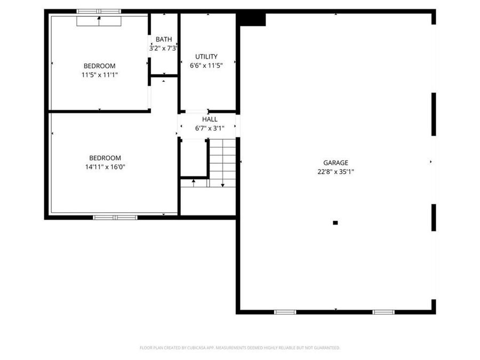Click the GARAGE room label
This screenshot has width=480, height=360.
point(335,163)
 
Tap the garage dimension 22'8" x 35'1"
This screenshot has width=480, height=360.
point(335,172)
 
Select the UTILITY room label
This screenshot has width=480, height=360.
point(206,57)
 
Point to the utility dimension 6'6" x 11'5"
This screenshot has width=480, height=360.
point(206,66)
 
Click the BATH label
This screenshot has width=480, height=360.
point(164,39)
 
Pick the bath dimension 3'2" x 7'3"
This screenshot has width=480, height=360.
point(163,49)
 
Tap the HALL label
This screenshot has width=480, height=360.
point(210,119)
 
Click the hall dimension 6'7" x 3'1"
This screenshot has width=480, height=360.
point(210,128)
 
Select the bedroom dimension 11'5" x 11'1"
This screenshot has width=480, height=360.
point(99,75)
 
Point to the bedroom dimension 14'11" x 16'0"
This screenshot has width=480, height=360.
point(105,167)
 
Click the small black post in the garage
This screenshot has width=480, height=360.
point(335,223)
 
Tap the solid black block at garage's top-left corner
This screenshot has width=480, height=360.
point(251,19)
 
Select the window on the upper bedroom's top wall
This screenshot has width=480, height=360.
point(99,11)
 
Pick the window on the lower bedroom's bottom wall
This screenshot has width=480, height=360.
point(115,217)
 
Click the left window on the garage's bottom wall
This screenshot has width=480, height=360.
point(285,311)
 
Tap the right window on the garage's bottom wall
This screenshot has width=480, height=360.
point(383,311)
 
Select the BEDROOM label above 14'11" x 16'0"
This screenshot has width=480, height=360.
point(105,158)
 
